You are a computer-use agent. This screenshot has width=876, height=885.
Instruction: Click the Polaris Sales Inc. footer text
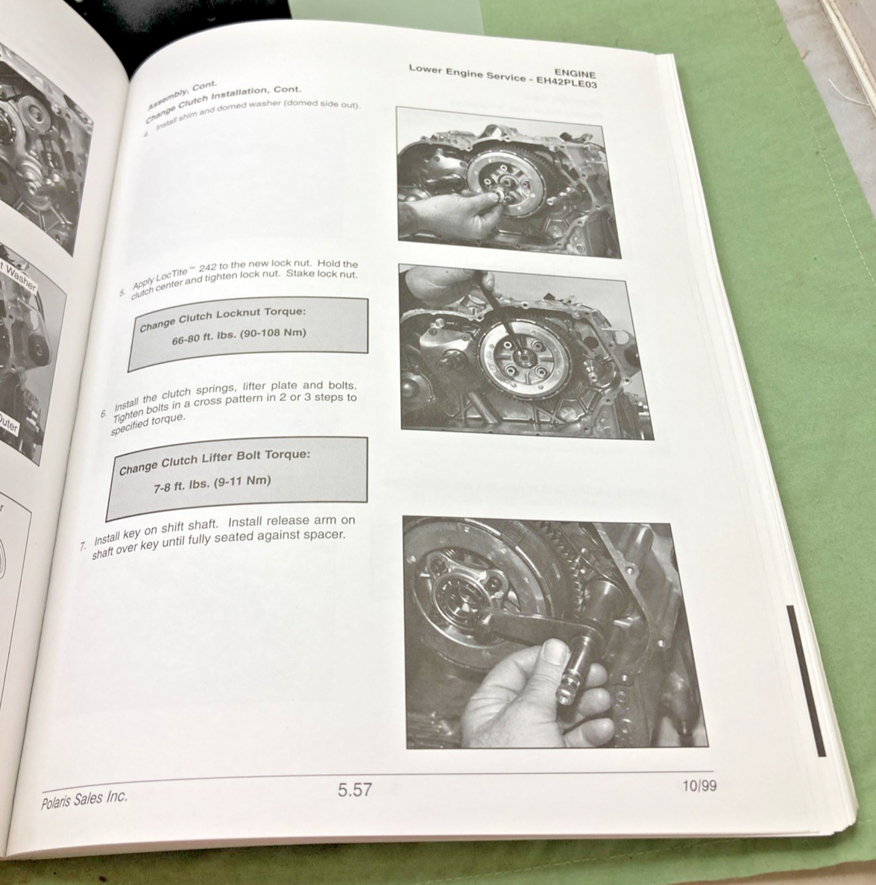84,797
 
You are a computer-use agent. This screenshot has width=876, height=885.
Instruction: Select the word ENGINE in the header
575,74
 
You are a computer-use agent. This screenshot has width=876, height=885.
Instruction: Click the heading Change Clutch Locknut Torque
222,318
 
